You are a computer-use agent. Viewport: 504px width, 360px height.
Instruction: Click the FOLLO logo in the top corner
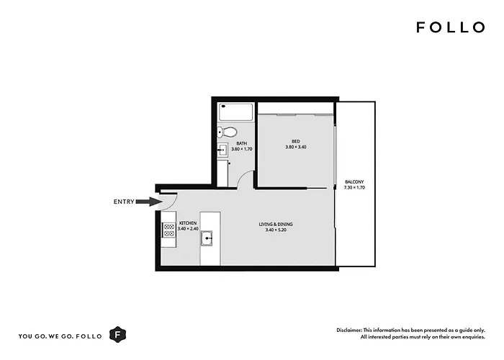(x=451, y=27)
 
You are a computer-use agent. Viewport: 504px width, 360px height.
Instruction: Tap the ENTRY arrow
(x=149, y=202)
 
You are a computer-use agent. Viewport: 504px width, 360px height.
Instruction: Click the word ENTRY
(x=124, y=202)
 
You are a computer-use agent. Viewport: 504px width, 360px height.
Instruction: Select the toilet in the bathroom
(x=227, y=132)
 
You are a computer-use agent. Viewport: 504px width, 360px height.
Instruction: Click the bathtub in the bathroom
(x=235, y=112)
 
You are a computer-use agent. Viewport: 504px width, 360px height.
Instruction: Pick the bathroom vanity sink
(x=222, y=150)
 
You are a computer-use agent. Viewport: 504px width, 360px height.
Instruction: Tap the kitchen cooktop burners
(x=168, y=230)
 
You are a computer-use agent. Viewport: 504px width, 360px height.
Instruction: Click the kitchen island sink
(x=207, y=238)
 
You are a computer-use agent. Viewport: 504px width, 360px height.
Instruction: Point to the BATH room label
(x=242, y=143)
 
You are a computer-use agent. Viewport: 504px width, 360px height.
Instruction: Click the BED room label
(x=296, y=141)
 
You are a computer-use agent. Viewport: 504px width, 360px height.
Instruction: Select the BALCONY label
(x=354, y=182)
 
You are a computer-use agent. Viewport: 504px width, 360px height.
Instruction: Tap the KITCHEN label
(x=188, y=223)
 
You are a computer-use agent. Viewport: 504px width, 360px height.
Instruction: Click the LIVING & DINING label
(x=276, y=225)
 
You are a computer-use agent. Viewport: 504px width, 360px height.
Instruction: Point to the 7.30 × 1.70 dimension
(x=354, y=188)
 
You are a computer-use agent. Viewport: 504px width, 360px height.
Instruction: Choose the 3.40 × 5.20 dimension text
(x=276, y=230)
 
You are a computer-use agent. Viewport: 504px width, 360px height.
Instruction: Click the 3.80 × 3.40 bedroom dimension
(x=296, y=147)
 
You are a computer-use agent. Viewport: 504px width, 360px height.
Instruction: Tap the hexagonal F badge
(x=117, y=335)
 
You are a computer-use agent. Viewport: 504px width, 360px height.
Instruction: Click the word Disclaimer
(x=349, y=330)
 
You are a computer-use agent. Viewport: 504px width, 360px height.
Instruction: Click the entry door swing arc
(x=173, y=203)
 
